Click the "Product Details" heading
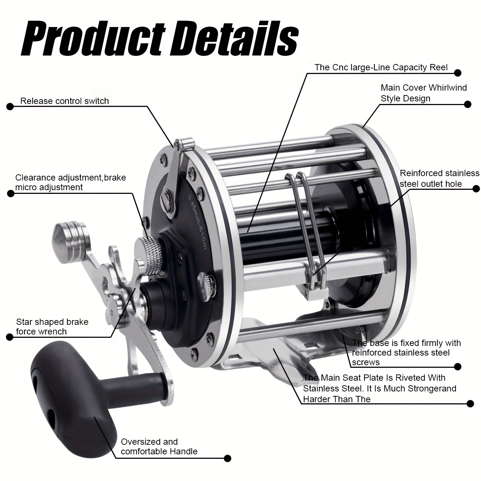coord(160,39)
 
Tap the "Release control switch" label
coord(64,101)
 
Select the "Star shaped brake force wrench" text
coord(52,326)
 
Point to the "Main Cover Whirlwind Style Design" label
coord(424,93)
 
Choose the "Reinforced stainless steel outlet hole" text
coord(440,178)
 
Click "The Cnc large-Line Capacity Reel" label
coord(381,67)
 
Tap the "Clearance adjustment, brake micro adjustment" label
coord(70,182)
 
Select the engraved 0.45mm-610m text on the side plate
coord(197,221)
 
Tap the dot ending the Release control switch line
coord(10,106)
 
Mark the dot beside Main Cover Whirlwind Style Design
coord(468,104)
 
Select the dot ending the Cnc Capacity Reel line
coord(458,73)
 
